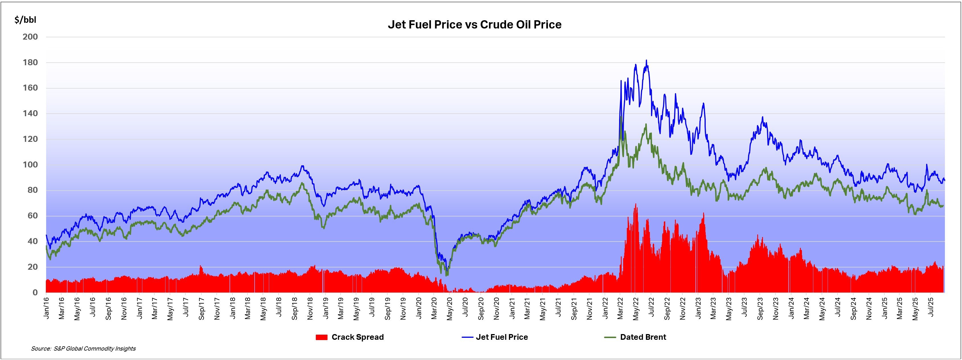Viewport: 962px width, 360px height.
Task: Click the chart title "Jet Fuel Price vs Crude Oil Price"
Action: coord(474,25)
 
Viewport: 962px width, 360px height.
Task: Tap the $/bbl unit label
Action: coord(25,20)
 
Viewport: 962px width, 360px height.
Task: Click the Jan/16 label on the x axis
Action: coord(46,308)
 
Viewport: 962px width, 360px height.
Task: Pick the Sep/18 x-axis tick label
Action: coord(295,308)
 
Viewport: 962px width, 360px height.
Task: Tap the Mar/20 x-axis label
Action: coord(434,308)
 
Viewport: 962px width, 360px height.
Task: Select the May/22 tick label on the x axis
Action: coord(636,308)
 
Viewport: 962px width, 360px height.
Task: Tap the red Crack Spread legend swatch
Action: coord(322,337)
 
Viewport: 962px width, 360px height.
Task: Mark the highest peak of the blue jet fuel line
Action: coord(646,60)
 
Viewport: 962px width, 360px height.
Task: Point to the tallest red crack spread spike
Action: coord(636,204)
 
